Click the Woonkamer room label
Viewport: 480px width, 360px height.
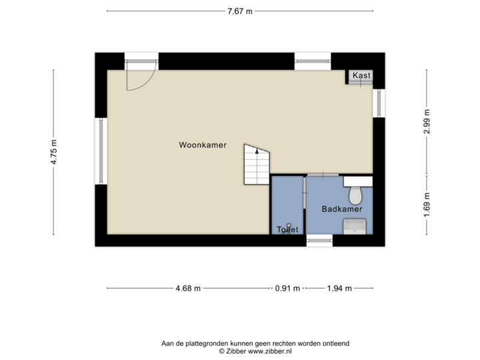[203, 145]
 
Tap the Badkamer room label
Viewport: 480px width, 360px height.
[341, 209]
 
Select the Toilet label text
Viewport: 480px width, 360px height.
[287, 230]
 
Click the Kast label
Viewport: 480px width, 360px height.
[361, 76]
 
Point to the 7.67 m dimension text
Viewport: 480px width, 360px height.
[240, 11]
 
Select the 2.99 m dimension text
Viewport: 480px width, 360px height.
[427, 121]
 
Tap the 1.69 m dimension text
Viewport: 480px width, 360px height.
[427, 201]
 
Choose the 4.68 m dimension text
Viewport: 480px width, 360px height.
[188, 289]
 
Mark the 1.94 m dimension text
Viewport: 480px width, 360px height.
[339, 289]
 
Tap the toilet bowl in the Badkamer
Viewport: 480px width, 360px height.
[355, 195]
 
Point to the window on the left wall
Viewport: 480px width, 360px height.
[101, 151]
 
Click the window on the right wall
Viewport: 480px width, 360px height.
[379, 103]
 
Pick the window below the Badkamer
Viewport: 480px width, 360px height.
[319, 240]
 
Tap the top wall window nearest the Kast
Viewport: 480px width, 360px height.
[313, 61]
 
